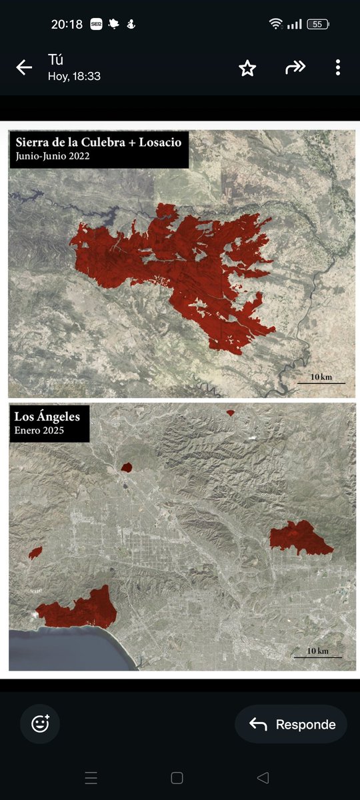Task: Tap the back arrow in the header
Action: tap(24, 67)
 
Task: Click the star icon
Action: tap(247, 67)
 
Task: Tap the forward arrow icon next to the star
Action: tap(295, 67)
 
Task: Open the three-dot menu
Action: tap(338, 67)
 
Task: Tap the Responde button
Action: tap(291, 724)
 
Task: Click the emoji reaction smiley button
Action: tap(40, 723)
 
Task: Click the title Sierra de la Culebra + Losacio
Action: tap(98, 142)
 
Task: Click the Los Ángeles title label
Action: tap(47, 417)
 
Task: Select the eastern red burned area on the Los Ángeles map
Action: tap(300, 537)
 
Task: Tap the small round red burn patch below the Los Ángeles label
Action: tap(127, 467)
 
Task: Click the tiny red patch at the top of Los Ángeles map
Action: tap(231, 413)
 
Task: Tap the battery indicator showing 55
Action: tap(317, 24)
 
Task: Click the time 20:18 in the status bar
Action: tap(67, 24)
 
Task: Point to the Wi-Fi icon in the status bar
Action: tap(276, 24)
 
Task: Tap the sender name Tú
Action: tap(55, 59)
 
